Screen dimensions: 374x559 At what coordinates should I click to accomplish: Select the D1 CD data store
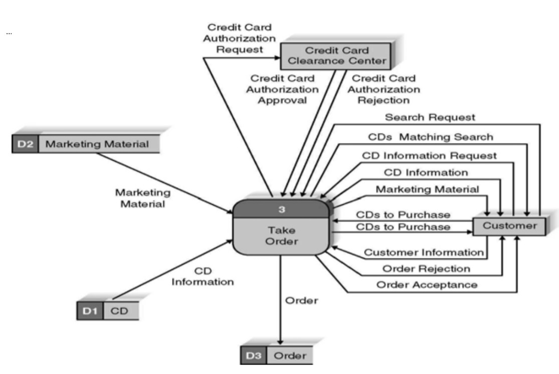(x=108, y=311)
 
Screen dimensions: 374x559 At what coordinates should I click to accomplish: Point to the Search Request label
(x=430, y=118)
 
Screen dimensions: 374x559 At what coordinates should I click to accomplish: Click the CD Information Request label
(x=430, y=155)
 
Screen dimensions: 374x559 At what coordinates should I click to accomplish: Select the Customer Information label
(x=423, y=252)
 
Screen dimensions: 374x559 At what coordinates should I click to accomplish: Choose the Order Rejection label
(x=427, y=269)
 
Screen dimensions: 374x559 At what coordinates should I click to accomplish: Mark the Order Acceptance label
(x=427, y=285)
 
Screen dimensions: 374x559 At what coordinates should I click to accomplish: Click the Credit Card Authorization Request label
(x=239, y=38)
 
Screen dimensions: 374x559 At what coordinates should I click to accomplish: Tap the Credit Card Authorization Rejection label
(x=384, y=89)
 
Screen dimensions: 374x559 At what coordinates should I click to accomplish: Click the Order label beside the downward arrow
(x=301, y=301)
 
